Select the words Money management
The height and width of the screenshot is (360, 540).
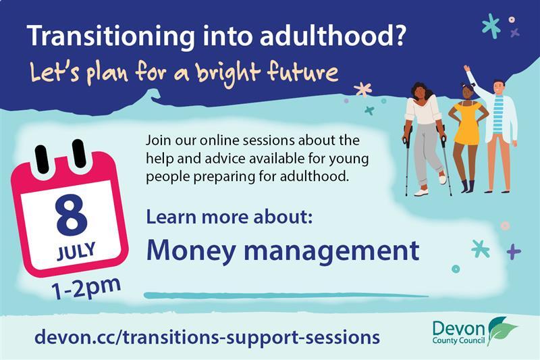283,251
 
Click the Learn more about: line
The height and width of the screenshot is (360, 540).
229,220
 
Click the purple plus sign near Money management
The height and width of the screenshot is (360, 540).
514,251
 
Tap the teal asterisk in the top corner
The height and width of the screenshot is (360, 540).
491,26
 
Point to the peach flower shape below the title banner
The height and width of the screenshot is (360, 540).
363,89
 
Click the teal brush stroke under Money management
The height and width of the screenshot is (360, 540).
283,295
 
